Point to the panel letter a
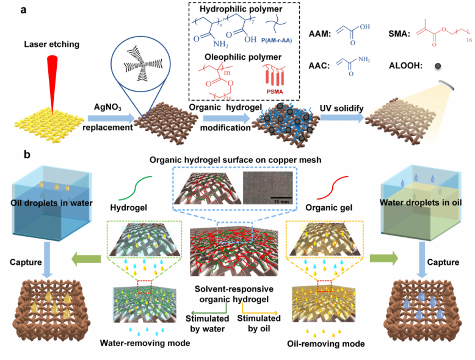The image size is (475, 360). pos(23,10)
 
